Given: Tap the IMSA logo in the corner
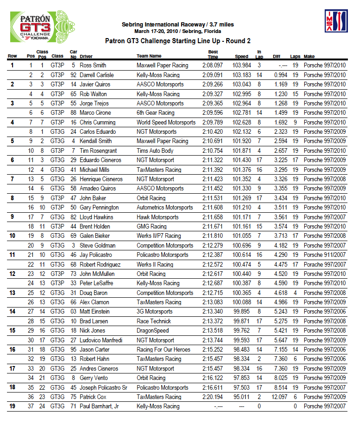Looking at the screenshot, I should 336,21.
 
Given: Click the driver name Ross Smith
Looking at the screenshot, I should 93,65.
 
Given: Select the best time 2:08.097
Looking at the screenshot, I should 212,65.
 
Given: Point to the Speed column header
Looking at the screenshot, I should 241,56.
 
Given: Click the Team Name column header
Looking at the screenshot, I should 149,56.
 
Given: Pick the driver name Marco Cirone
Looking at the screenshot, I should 95,113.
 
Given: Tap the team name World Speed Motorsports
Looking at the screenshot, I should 166,123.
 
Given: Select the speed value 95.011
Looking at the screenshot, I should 242,397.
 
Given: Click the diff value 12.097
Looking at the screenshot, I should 279,397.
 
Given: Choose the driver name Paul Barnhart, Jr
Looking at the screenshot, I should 100,406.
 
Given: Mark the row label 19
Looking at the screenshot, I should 12,406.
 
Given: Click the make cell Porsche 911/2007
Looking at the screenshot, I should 324,255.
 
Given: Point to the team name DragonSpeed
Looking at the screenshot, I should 152,331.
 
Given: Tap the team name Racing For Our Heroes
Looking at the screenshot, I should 163,350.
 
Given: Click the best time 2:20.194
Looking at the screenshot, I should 212,397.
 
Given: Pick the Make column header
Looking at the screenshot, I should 309,56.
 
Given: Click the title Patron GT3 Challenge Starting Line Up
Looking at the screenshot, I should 178,41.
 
